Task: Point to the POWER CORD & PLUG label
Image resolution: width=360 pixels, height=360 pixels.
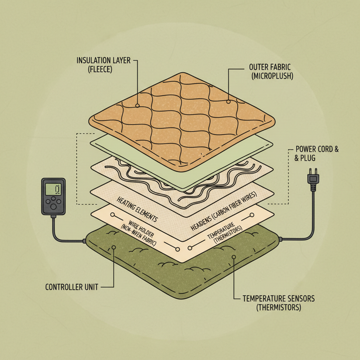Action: point(316,153)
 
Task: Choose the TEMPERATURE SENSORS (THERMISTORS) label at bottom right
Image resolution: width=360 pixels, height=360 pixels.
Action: point(278,303)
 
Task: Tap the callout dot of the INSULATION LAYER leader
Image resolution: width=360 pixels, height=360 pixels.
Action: point(138,105)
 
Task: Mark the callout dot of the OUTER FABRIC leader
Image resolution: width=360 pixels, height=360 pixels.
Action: point(229,102)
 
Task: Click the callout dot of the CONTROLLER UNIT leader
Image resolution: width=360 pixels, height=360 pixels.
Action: point(114,248)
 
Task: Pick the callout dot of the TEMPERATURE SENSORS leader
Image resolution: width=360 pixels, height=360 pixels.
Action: point(234,258)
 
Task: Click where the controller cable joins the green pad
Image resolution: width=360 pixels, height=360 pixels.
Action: point(85,241)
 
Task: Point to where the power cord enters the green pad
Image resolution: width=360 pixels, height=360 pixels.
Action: point(280,239)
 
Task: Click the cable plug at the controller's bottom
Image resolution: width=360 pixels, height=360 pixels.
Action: point(53,217)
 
